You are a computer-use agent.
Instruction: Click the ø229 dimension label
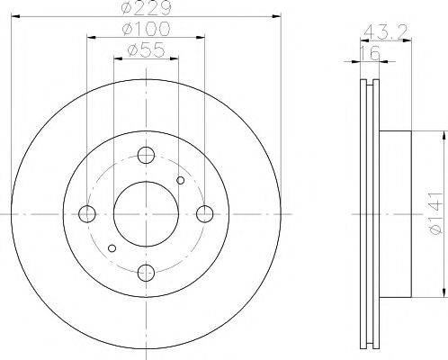[x=146, y=8]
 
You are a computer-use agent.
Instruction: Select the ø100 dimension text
[x=146, y=29]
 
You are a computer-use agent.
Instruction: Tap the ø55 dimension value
[x=146, y=49]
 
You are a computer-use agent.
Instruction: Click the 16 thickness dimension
[x=370, y=53]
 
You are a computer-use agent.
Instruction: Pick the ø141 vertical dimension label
[x=435, y=213]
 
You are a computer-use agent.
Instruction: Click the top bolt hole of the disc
[x=146, y=155]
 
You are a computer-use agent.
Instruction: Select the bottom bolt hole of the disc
[x=146, y=273]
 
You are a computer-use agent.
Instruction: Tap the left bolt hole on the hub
[x=87, y=214]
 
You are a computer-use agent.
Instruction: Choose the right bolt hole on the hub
[x=205, y=214]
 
